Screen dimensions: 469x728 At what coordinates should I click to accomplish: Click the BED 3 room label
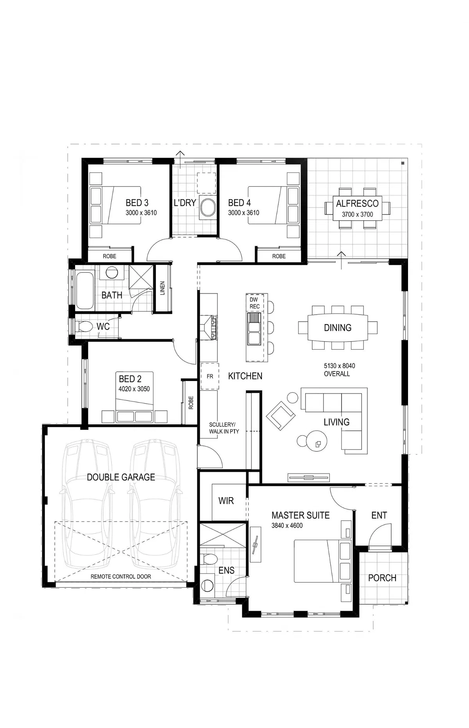[137, 203]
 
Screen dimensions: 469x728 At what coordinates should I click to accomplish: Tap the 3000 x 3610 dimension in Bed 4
[243, 213]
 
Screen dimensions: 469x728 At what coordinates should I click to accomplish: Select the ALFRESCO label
[357, 203]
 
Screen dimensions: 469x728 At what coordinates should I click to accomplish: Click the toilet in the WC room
[83, 326]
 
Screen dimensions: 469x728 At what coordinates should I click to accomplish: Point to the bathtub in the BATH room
[84, 290]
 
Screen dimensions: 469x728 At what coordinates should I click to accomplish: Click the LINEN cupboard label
[162, 288]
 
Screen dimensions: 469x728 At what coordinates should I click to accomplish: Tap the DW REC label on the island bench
[254, 303]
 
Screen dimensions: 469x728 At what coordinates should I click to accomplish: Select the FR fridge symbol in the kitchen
[210, 376]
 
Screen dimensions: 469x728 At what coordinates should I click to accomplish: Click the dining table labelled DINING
[338, 327]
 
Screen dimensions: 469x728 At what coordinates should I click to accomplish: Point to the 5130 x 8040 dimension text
[339, 366]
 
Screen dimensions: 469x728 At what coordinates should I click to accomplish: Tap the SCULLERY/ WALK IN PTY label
[224, 428]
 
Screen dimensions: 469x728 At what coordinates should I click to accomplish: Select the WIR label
[226, 501]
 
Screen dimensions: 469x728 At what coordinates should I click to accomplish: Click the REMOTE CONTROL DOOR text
[121, 576]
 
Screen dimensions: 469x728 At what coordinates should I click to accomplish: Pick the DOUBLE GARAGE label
[121, 477]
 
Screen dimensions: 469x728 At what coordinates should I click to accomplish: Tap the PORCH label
[382, 578]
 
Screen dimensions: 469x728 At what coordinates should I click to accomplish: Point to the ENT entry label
[379, 515]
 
